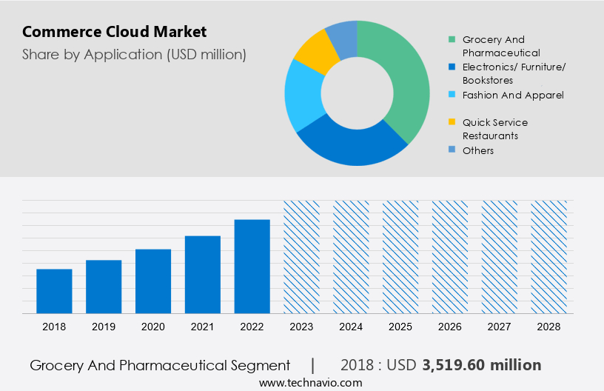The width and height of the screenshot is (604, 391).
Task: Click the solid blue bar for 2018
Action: [x=54, y=291]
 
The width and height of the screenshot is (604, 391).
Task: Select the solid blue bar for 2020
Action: [x=153, y=281]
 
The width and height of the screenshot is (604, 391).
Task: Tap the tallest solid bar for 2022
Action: [x=252, y=267]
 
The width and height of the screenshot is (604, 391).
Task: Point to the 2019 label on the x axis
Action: [x=104, y=326]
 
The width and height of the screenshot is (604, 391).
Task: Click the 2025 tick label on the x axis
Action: [x=400, y=326]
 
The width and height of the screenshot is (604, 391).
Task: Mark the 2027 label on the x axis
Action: [x=500, y=326]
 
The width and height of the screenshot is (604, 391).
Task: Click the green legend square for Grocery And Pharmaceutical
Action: [x=452, y=39]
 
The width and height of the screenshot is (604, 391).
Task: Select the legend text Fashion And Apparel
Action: [x=513, y=95]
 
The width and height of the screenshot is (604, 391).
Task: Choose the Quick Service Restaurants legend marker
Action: [x=452, y=122]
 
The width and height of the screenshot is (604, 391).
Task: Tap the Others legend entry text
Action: [x=478, y=150]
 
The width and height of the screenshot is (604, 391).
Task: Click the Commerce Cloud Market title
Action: [x=115, y=32]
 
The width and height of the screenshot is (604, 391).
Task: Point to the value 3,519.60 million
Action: [x=482, y=365]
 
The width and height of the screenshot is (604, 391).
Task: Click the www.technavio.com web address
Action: [x=311, y=382]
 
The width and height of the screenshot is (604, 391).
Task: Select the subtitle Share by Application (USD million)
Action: [x=134, y=54]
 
